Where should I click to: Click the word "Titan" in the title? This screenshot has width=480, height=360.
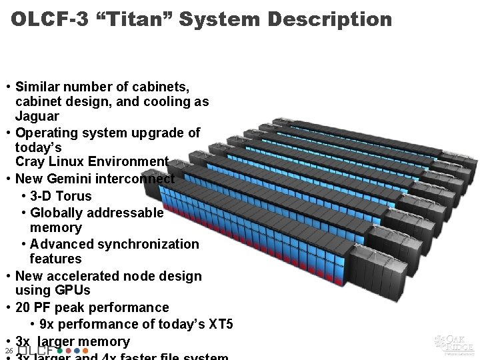coord(139,19)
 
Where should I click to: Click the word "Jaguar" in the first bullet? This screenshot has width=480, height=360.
coord(37,117)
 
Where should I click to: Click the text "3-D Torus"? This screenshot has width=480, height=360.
coord(61,196)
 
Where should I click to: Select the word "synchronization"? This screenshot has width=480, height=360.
coord(153,244)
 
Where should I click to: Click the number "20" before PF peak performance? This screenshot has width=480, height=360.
coord(23,307)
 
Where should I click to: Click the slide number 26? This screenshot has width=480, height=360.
coord(8,351)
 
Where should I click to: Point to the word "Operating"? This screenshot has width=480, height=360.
coord(47,133)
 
